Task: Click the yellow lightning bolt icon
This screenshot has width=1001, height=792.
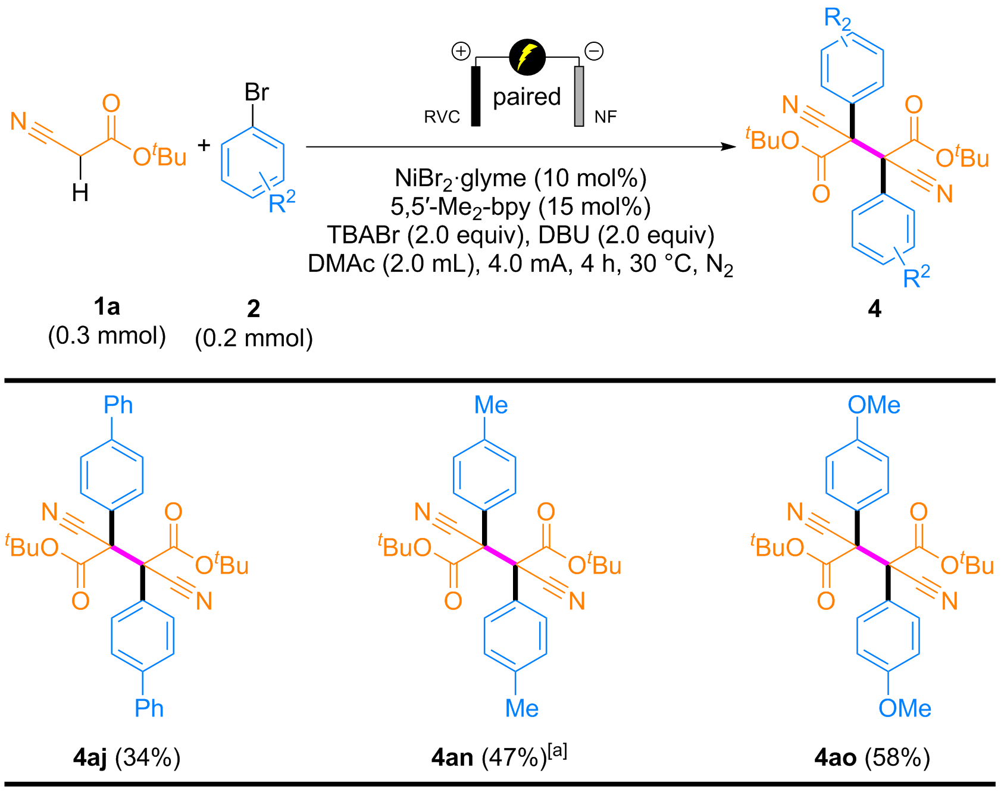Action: pyautogui.click(x=527, y=57)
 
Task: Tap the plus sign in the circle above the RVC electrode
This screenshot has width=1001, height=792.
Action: pyautogui.click(x=461, y=51)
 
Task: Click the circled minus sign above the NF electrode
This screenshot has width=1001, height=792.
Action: pyautogui.click(x=593, y=51)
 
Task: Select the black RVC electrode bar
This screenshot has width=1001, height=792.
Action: pyautogui.click(x=476, y=95)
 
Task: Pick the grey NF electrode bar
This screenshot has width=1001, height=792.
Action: pyautogui.click(x=578, y=95)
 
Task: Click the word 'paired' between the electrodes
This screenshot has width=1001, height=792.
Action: pyautogui.click(x=527, y=96)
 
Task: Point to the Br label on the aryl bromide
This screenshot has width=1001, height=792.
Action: pyautogui.click(x=256, y=93)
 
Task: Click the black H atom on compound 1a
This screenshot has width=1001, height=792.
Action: pyautogui.click(x=80, y=192)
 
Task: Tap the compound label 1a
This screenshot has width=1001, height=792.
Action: pyautogui.click(x=107, y=307)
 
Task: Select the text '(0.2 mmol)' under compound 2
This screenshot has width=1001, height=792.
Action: pyautogui.click(x=254, y=338)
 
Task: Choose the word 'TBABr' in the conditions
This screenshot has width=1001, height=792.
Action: pyautogui.click(x=363, y=235)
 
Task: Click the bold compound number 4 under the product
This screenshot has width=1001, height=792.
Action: pyautogui.click(x=874, y=309)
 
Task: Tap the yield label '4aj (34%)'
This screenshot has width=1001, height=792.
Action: pyautogui.click(x=127, y=757)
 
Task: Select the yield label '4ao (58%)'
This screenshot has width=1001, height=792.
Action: pyautogui.click(x=872, y=757)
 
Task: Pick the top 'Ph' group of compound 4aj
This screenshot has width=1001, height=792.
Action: pyautogui.click(x=118, y=405)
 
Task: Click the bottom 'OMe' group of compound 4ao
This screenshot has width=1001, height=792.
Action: pyautogui.click(x=905, y=708)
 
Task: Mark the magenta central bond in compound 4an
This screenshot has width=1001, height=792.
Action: pyautogui.click(x=500, y=555)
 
